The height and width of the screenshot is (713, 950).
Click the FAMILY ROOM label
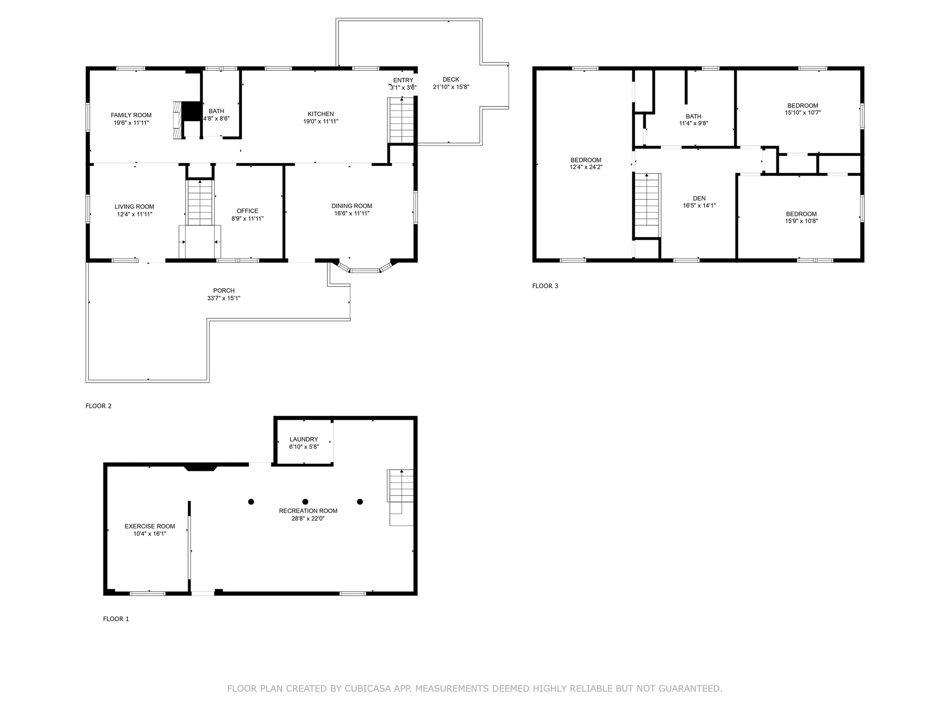(131, 115)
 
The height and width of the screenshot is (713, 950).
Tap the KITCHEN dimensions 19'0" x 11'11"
(321, 121)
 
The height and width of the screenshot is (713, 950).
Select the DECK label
(451, 79)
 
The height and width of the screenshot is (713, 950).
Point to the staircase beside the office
(200, 203)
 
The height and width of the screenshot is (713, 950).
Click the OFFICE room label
(247, 211)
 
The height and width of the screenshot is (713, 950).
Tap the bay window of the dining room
(365, 270)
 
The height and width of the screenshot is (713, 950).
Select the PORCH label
(224, 291)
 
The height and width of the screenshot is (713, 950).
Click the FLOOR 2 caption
(98, 406)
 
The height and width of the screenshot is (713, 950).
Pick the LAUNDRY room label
(304, 439)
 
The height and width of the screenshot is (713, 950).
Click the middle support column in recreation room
(305, 502)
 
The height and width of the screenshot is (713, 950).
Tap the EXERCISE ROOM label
(149, 526)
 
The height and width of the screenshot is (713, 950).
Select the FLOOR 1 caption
(116, 619)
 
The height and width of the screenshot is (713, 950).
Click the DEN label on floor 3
(699, 199)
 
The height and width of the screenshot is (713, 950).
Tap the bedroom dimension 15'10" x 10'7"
(803, 113)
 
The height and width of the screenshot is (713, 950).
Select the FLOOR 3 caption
(545, 286)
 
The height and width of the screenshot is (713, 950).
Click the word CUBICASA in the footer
(379, 688)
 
